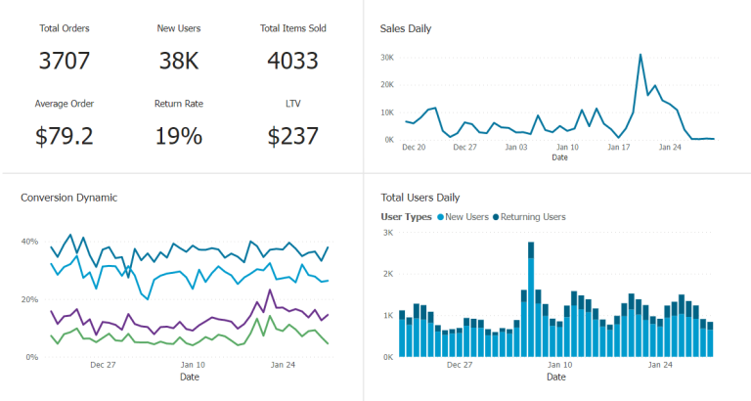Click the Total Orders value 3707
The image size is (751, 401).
tap(65, 61)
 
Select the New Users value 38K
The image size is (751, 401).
tap(179, 61)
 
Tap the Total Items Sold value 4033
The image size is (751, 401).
tap(292, 61)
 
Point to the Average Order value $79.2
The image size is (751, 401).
tap(65, 136)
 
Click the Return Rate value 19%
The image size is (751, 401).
tap(179, 136)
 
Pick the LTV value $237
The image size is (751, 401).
tap(292, 136)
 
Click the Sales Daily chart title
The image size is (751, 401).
tap(406, 28)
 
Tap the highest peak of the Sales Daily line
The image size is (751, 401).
tap(641, 55)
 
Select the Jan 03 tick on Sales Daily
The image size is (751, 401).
tap(516, 148)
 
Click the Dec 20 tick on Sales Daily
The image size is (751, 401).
tap(414, 148)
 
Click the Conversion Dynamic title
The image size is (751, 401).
tap(68, 198)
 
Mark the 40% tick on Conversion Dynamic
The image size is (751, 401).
tap(29, 242)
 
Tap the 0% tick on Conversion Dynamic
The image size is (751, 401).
tap(31, 357)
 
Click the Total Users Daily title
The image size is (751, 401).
tap(420, 198)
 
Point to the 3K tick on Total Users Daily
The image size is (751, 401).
tap(387, 233)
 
